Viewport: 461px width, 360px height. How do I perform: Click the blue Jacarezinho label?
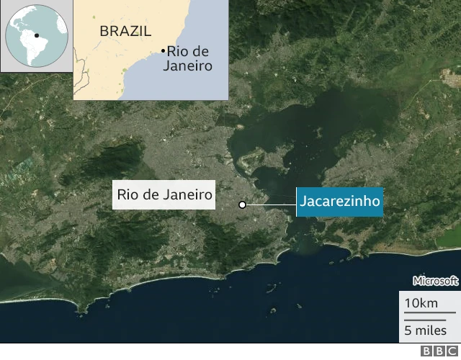click(339, 202)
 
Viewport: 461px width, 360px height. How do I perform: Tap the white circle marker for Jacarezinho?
click(243, 205)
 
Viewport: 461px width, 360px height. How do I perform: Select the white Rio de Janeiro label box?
click(164, 194)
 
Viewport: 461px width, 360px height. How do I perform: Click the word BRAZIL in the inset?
click(125, 31)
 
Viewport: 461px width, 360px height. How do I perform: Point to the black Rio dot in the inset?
click(163, 50)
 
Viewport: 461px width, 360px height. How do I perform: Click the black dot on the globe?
click(36, 35)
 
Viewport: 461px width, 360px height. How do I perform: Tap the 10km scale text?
click(421, 303)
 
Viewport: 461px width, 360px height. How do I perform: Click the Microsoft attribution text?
click(435, 281)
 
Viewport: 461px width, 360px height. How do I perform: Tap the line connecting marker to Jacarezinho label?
click(270, 205)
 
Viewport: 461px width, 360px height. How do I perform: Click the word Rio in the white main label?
click(129, 194)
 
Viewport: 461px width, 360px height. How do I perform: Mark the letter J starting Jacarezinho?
click(303, 202)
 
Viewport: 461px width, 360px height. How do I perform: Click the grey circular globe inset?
click(36, 35)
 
